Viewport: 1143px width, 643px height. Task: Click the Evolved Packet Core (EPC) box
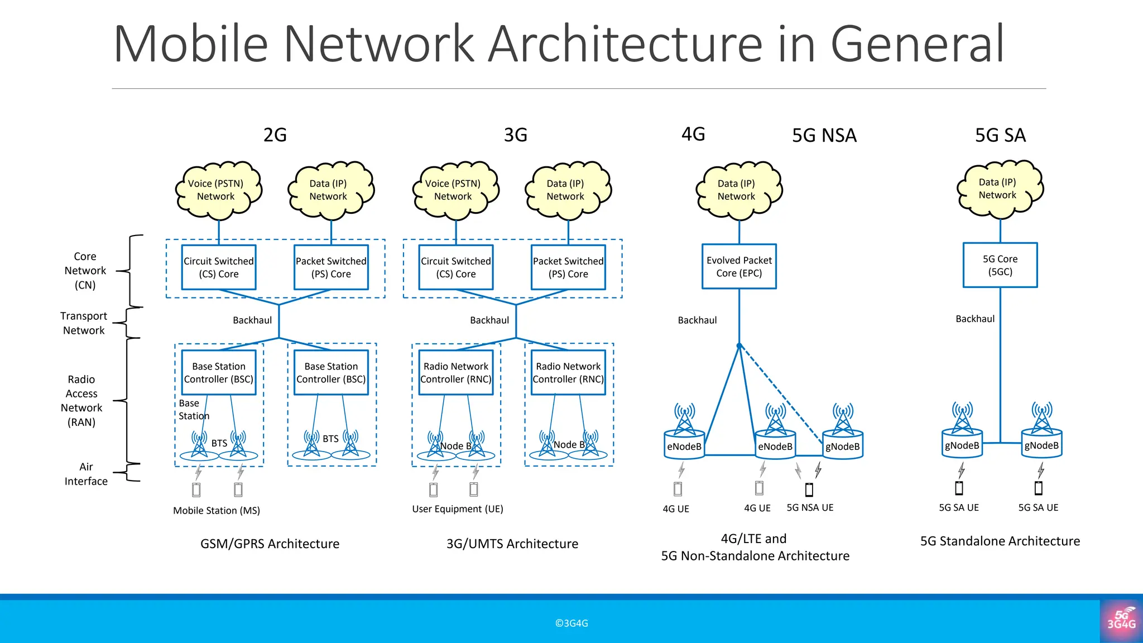pyautogui.click(x=739, y=266)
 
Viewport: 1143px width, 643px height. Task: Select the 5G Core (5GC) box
pyautogui.click(x=1000, y=265)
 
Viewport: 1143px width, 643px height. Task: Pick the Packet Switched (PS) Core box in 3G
pyautogui.click(x=568, y=267)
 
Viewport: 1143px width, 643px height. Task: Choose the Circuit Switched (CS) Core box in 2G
pyautogui.click(x=219, y=267)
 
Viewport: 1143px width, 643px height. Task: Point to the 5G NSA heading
pyautogui.click(x=824, y=136)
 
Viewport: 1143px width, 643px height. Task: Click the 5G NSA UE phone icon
pyautogui.click(x=809, y=490)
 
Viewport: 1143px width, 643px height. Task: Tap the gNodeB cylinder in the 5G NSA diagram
pyautogui.click(x=843, y=446)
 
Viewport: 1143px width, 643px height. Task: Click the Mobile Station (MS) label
pyautogui.click(x=217, y=510)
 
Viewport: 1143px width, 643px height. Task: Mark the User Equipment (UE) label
pyautogui.click(x=458, y=509)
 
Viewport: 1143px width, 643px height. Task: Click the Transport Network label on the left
pyautogui.click(x=84, y=323)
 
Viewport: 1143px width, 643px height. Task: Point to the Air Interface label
pyautogui.click(x=86, y=474)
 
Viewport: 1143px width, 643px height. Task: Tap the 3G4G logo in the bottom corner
pyautogui.click(x=1121, y=621)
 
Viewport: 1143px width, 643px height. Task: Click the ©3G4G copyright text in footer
pyautogui.click(x=571, y=623)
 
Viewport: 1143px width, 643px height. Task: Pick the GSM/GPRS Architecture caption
pyautogui.click(x=270, y=544)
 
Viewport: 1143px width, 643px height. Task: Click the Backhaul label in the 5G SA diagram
pyautogui.click(x=974, y=319)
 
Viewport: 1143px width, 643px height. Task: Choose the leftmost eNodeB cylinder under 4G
pyautogui.click(x=684, y=446)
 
